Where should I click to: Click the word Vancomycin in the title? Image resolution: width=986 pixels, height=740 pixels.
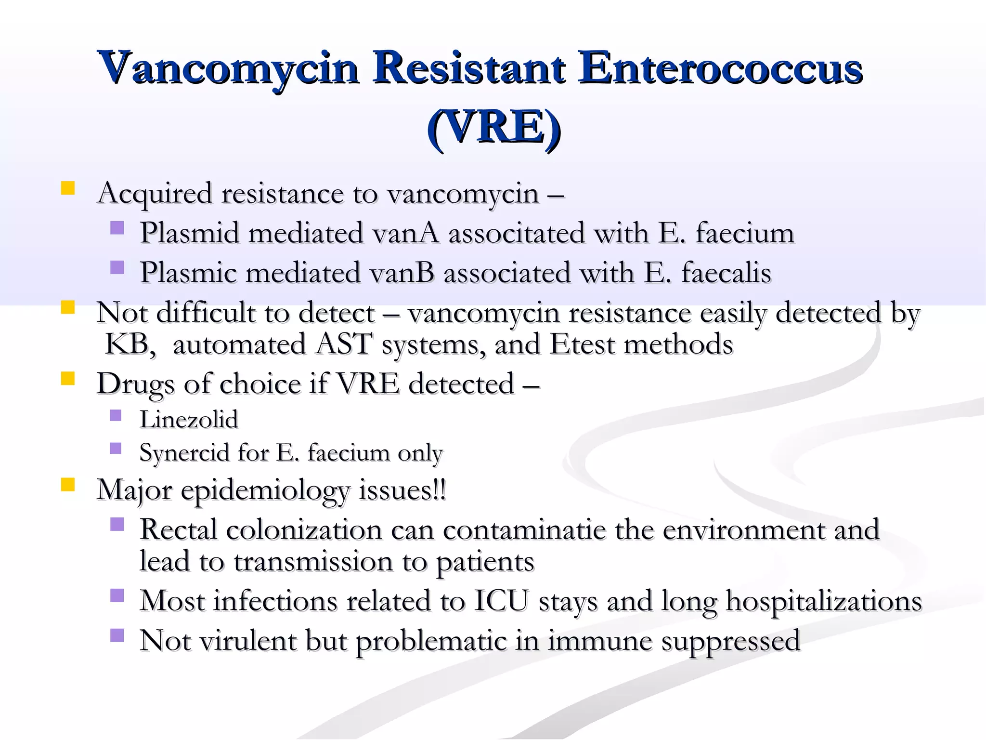click(x=229, y=67)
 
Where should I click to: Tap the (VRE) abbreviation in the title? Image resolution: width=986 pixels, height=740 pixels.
click(x=494, y=127)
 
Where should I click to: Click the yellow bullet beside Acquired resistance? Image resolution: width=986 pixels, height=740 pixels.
click(x=68, y=188)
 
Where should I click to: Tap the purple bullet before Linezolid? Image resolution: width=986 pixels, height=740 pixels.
click(x=116, y=415)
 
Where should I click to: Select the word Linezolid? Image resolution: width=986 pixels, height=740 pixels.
click(x=189, y=419)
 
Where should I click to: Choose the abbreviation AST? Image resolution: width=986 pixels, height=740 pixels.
click(x=344, y=344)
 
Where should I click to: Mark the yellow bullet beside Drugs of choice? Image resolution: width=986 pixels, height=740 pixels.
click(x=68, y=378)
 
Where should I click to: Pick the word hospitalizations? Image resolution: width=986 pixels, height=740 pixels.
click(x=823, y=601)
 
